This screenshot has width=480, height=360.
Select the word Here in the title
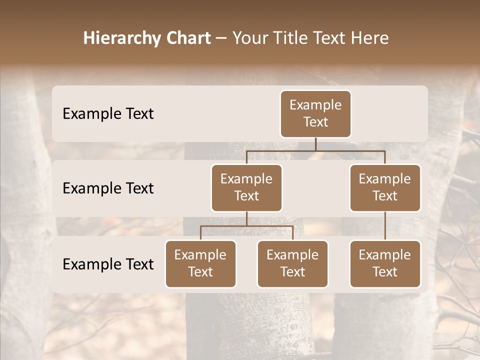tap(370, 38)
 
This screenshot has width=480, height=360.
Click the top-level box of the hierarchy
tap(315, 113)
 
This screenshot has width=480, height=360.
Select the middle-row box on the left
tap(246, 187)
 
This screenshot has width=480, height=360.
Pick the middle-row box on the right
tap(385, 187)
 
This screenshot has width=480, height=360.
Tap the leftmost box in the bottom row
tap(200, 263)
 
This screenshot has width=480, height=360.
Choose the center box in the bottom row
tap(292, 263)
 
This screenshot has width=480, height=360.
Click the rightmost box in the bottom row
tap(385, 263)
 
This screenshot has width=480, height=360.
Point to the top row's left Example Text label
tap(108, 113)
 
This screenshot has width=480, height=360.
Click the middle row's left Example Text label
tap(108, 188)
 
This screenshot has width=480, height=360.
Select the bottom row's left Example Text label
tap(108, 264)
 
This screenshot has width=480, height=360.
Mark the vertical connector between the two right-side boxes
tap(385, 226)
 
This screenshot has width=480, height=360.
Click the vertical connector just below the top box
tap(315, 144)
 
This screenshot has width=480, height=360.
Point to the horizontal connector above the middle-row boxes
tap(315, 150)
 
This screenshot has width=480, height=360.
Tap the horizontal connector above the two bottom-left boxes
tap(246, 226)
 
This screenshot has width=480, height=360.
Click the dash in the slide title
tap(221, 38)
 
